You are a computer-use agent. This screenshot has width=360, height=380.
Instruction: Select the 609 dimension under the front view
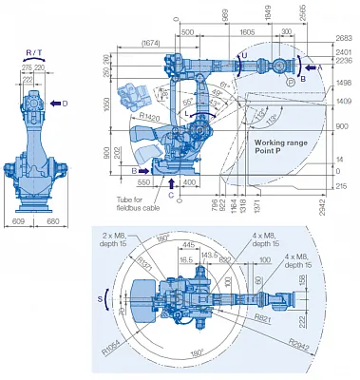(19, 221)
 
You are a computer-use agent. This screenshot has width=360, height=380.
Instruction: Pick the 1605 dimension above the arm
(247, 31)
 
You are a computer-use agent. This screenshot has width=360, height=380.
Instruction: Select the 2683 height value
(344, 38)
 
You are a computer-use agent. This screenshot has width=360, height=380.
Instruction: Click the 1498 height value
(344, 83)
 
